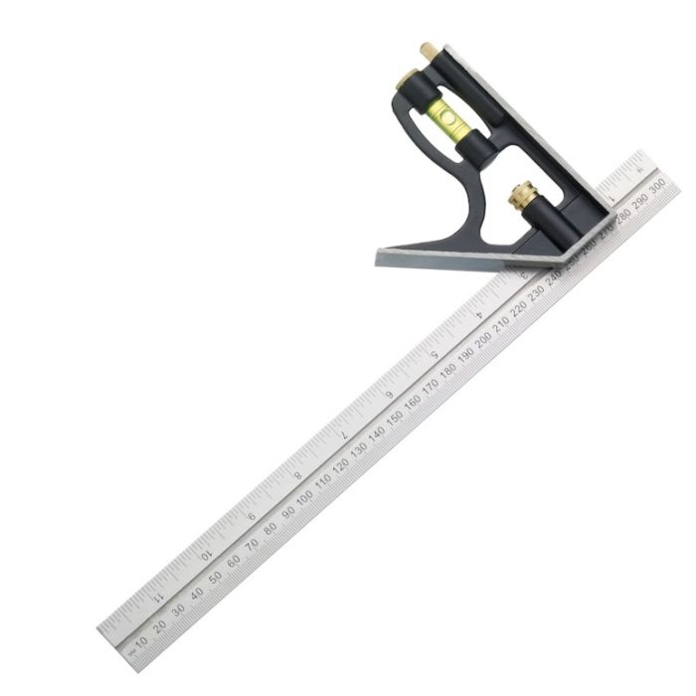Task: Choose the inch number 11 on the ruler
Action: click(x=160, y=598)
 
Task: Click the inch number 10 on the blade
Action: click(x=207, y=556)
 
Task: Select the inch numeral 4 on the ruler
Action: click(x=479, y=314)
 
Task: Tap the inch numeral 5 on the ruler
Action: click(x=434, y=355)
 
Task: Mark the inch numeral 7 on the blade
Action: click(x=343, y=435)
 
